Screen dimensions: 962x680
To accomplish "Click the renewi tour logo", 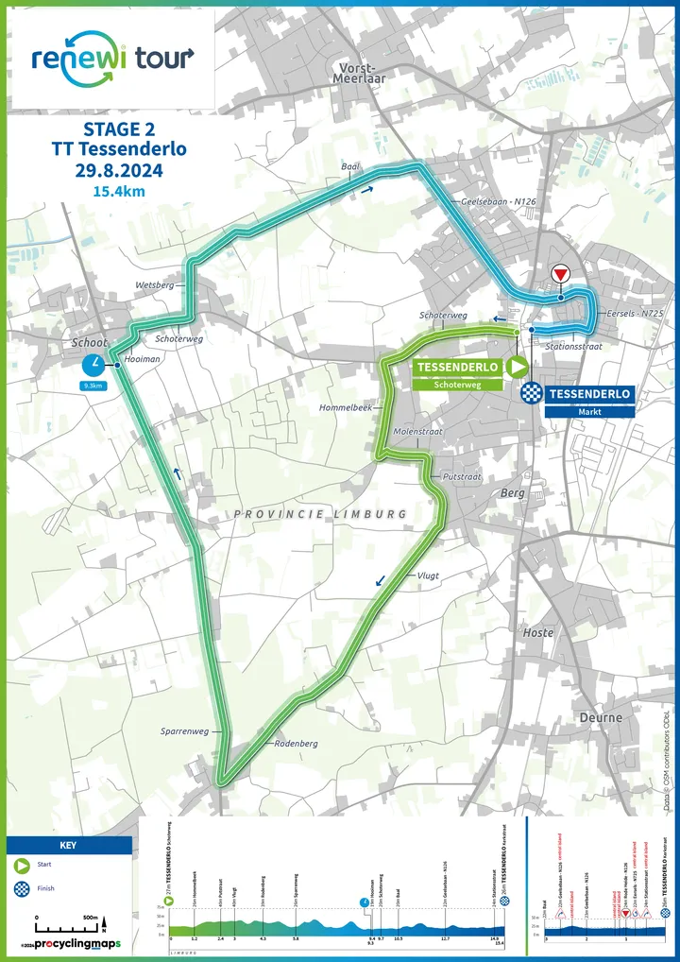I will [111, 59].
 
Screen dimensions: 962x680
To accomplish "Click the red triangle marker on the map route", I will [560, 274].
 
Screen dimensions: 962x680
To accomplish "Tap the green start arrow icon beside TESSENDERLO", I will [518, 367].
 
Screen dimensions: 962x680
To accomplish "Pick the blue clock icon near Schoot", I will [93, 365].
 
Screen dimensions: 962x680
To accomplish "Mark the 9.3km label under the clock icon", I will [93, 387].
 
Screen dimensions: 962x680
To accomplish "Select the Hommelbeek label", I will [351, 406].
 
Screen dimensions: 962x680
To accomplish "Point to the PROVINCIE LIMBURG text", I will [320, 513].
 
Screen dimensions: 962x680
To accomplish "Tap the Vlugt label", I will [428, 575].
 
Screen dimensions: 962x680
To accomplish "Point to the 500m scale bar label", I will [90, 917].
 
